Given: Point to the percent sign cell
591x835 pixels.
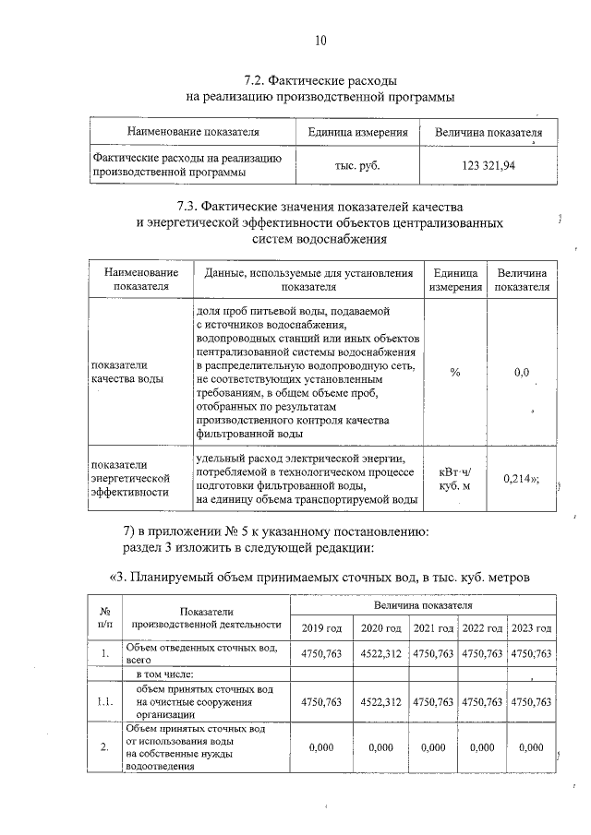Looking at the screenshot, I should point(454,372).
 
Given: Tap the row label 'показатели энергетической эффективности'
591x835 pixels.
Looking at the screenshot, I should point(131,478).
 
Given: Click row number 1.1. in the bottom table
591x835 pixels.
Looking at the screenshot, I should point(104,702).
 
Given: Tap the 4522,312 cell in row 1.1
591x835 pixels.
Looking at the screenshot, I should point(380,702).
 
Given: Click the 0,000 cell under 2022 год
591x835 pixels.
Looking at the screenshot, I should point(483,747).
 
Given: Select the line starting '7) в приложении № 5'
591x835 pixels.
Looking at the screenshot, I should point(275,531).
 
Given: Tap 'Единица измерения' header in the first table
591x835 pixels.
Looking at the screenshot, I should point(357,133).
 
